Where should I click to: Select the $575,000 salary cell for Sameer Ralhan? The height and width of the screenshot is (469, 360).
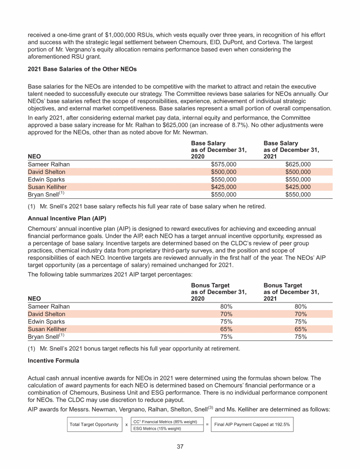[x=224, y=164]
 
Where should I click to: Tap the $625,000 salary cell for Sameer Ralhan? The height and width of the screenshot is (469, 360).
[x=298, y=164]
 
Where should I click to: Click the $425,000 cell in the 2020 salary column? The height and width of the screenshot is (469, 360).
[x=224, y=187]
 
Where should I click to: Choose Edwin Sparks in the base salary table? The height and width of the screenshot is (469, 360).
[x=46, y=179]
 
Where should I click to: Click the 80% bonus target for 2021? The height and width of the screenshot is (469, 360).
[x=300, y=306]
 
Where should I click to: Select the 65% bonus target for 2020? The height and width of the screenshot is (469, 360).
[x=227, y=329]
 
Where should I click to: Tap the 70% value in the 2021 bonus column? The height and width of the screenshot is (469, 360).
[x=300, y=314]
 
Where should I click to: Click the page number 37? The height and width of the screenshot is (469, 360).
[x=180, y=446]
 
